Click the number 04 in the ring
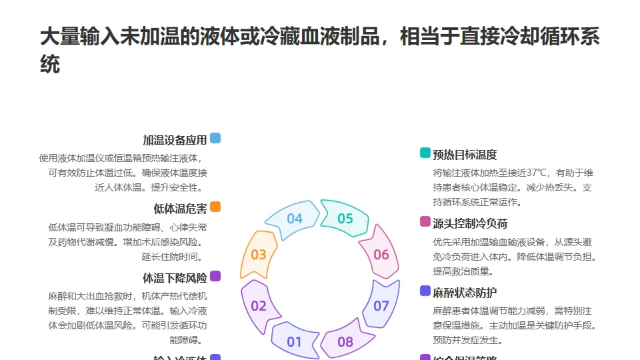tap(295, 219)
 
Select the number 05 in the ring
tap(345, 219)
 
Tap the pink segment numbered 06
tap(381, 254)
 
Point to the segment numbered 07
tap(381, 306)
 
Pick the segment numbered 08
tap(345, 343)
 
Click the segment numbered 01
tap(294, 343)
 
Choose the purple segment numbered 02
tap(259, 306)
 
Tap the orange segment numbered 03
tap(259, 254)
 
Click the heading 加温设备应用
tap(175, 140)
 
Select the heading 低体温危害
tap(180, 209)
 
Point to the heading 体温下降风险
tap(175, 277)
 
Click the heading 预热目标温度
tap(465, 155)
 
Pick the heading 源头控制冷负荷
tap(470, 223)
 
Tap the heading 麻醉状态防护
tap(465, 293)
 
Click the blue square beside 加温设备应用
tap(215, 139)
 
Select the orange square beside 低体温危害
tap(215, 207)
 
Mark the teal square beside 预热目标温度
tap(425, 153)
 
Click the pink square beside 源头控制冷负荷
tap(425, 222)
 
